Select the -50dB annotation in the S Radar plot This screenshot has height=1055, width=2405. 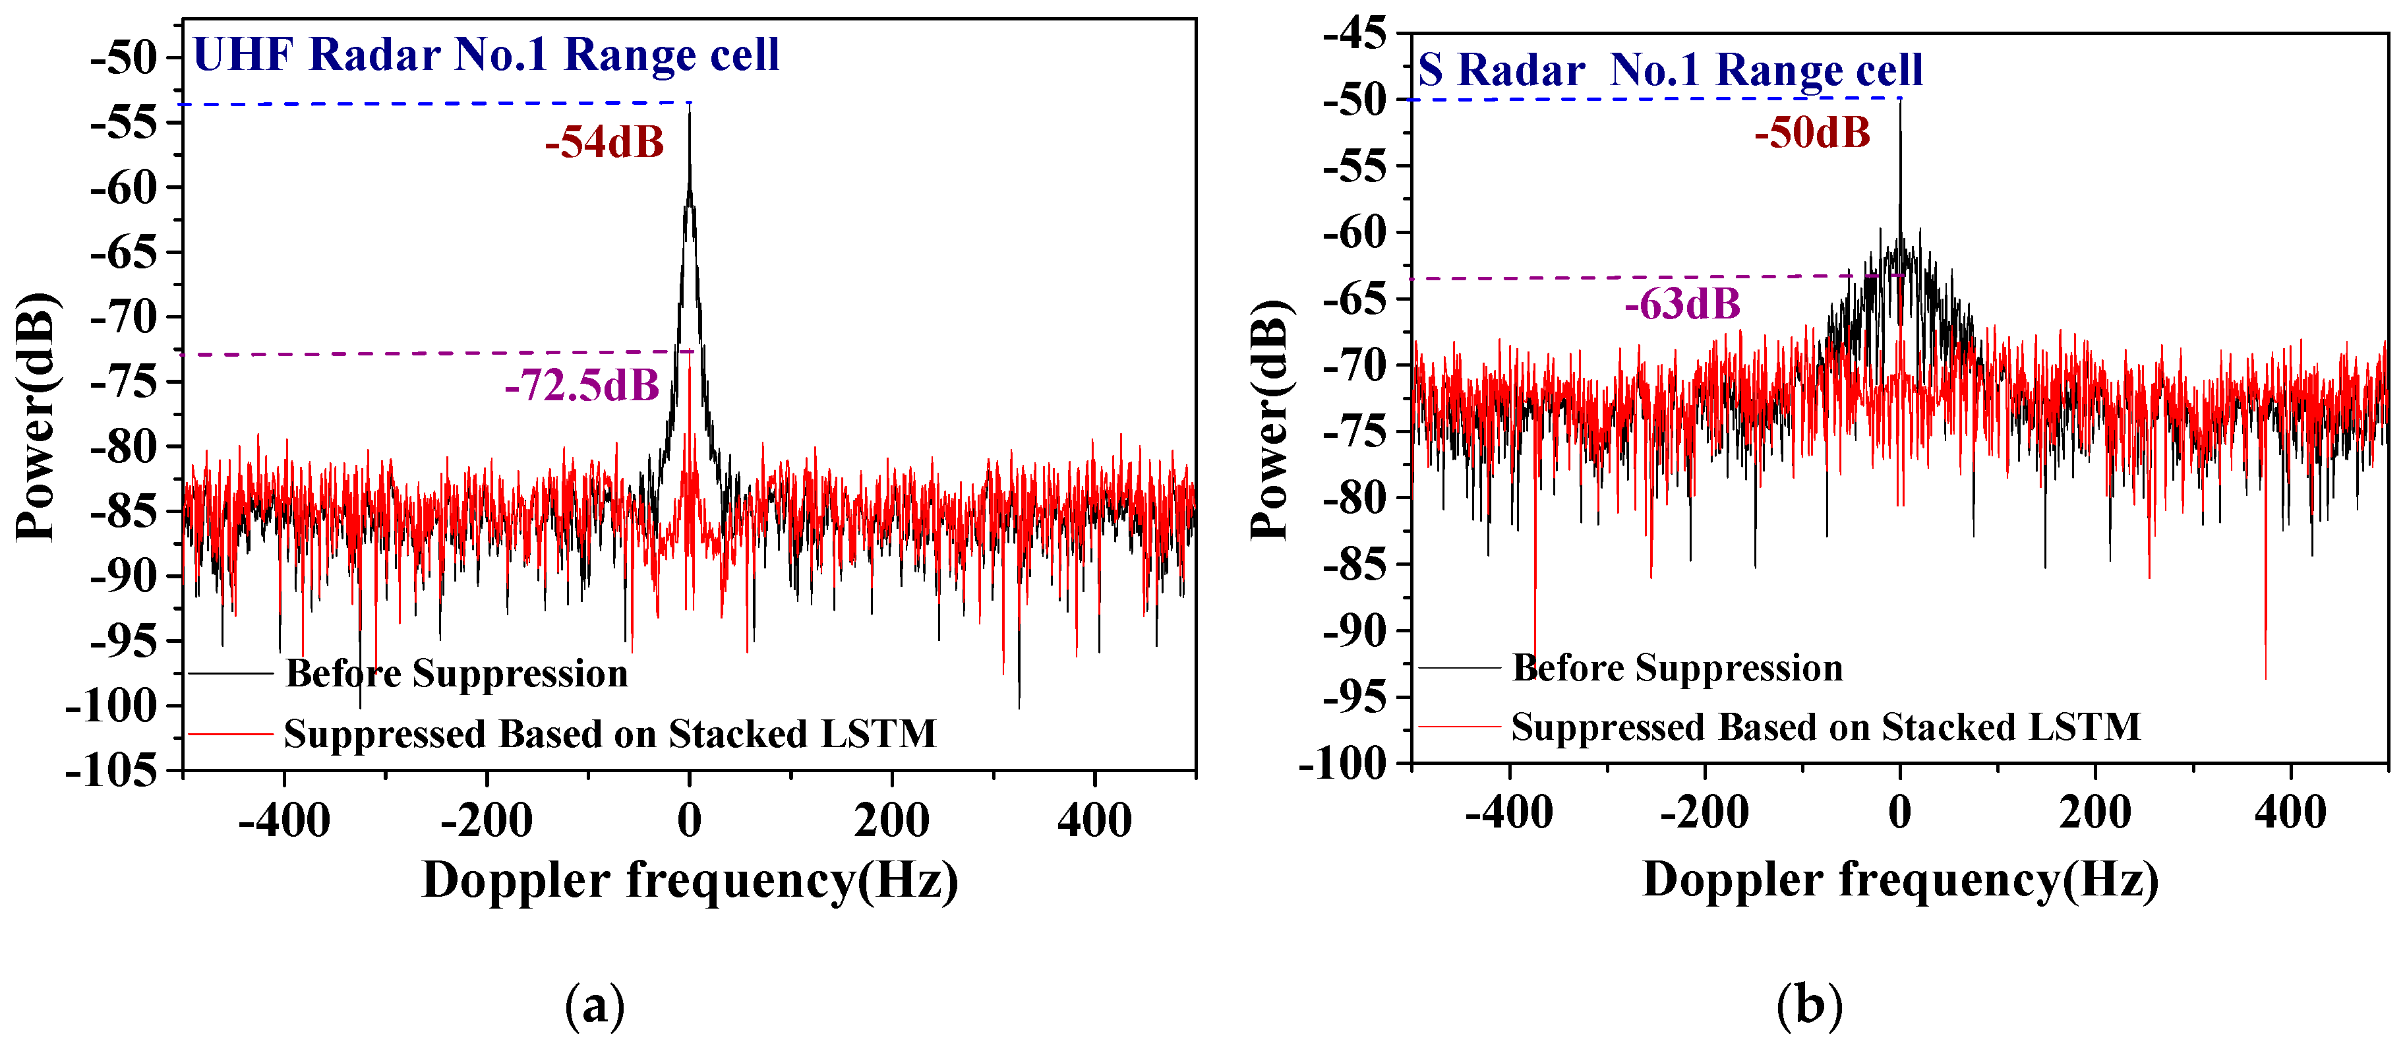tap(1812, 133)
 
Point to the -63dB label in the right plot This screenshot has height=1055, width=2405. tap(1682, 305)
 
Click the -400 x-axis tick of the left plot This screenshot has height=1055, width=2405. tap(284, 822)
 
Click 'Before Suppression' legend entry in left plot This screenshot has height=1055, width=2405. tap(456, 673)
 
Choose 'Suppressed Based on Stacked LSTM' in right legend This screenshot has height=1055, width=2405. tap(1826, 727)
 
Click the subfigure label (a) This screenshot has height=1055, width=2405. tap(595, 1006)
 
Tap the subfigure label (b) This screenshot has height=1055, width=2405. tap(1809, 1006)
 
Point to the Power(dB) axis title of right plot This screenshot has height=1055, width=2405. tap(1269, 420)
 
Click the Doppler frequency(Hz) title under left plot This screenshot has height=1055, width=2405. tap(690, 880)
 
